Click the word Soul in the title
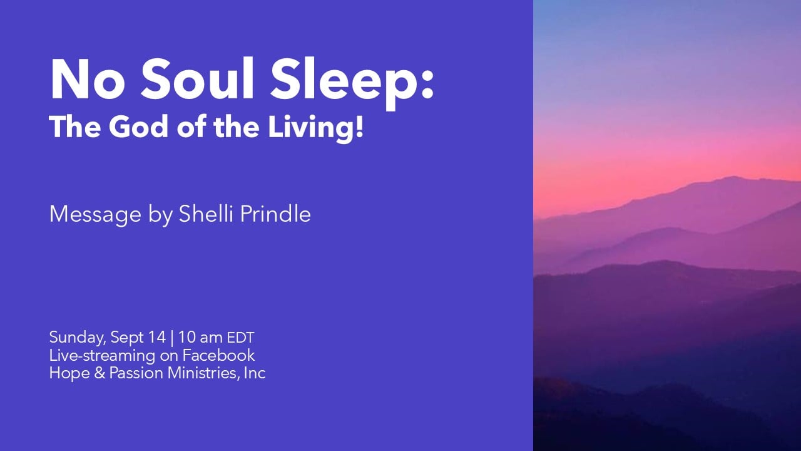197,78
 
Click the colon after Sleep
427,84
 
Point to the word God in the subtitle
138,127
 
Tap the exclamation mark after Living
359,127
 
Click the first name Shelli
206,214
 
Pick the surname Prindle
275,214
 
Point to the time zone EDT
241,338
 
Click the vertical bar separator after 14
172,338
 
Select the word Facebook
218,355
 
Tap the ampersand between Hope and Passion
99,373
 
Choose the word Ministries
203,373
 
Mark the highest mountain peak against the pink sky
733,177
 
